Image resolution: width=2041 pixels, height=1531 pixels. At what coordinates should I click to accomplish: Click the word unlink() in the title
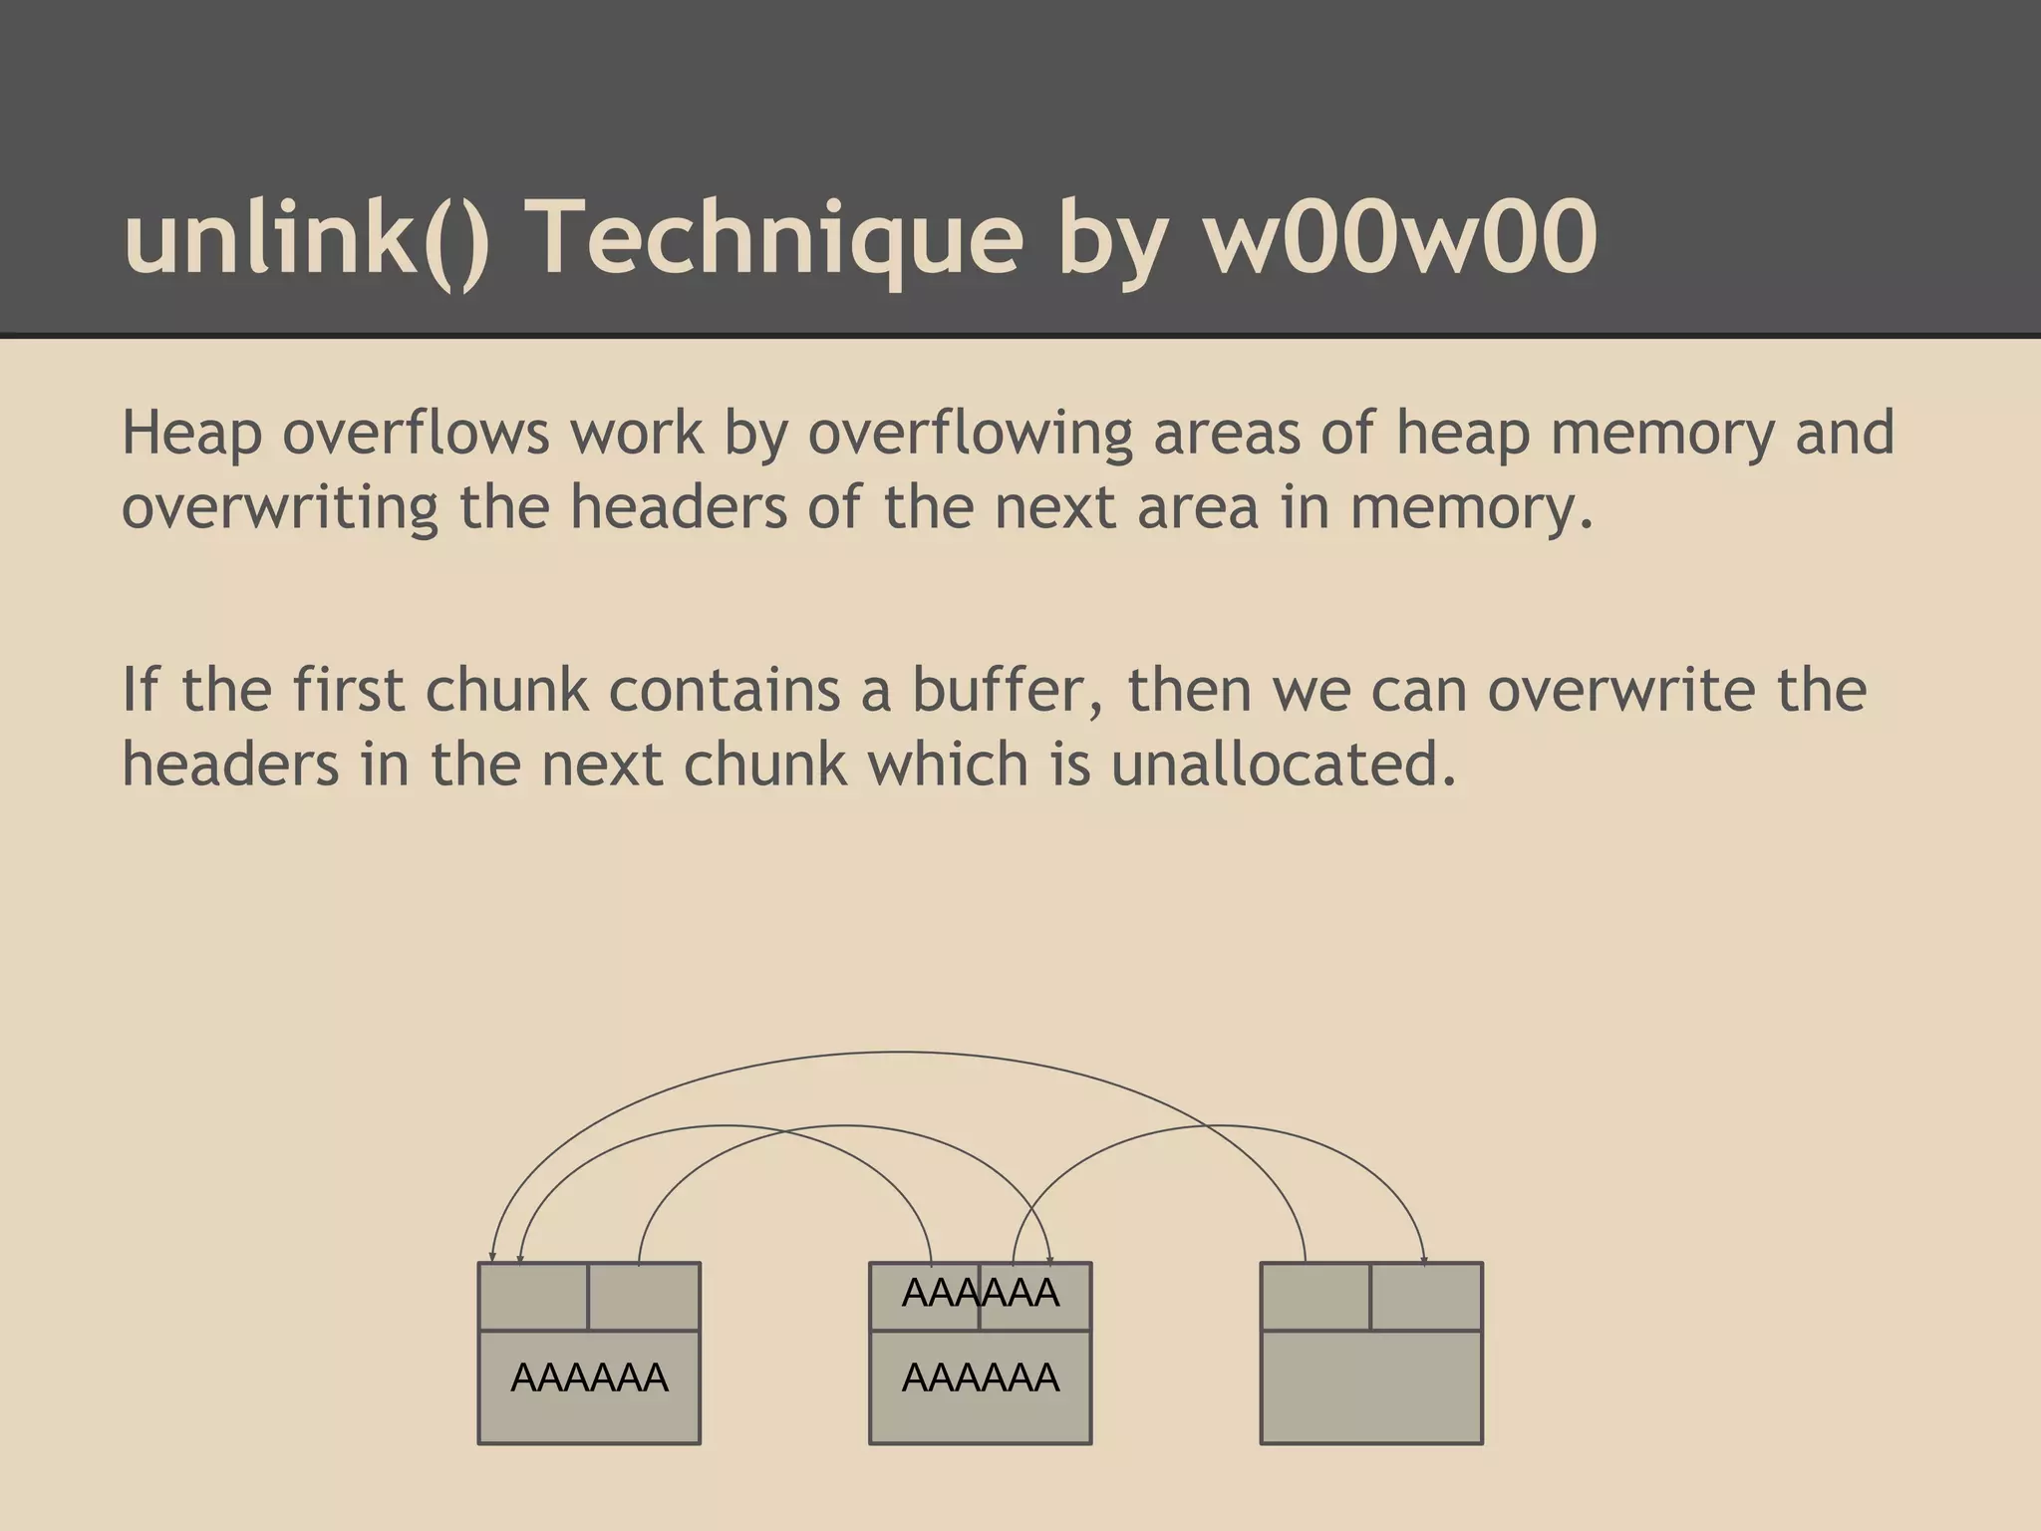click(307, 237)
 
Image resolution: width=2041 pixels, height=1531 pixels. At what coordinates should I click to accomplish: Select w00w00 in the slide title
click(1400, 237)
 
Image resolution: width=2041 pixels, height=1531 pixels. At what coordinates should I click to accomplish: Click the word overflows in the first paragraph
click(416, 434)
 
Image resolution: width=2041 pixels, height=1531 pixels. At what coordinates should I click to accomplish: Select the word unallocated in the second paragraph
click(1284, 765)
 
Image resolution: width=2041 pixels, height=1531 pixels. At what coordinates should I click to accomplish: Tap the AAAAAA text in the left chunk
click(589, 1378)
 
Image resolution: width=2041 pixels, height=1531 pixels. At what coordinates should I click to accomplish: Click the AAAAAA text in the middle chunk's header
click(980, 1294)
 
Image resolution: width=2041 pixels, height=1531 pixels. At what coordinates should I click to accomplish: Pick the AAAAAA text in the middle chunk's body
click(980, 1378)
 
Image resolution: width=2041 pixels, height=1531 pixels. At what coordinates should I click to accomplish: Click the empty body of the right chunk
click(1371, 1386)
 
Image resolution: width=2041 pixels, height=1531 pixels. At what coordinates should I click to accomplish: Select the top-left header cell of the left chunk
click(533, 1297)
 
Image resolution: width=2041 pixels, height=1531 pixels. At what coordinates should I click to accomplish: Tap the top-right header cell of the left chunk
click(644, 1297)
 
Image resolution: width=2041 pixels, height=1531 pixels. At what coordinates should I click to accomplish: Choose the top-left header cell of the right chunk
click(1315, 1297)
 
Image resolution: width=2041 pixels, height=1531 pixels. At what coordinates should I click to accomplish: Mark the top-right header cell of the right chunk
click(1426, 1297)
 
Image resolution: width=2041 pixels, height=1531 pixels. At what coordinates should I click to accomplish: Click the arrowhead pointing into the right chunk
click(1424, 1261)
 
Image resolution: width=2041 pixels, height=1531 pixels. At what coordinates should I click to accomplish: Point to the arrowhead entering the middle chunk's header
click(1049, 1261)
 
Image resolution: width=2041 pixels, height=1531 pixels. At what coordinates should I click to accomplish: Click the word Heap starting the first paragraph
click(191, 434)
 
